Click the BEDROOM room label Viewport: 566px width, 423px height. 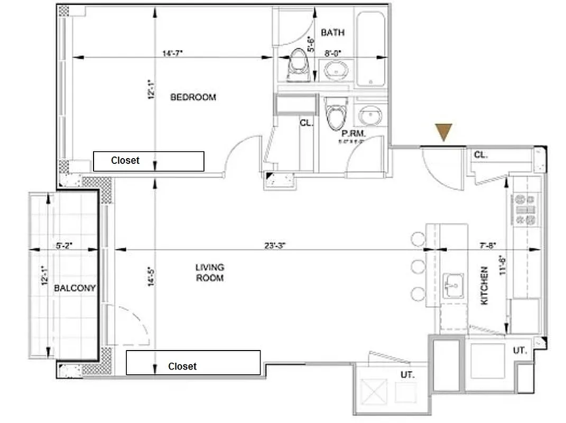click(x=193, y=97)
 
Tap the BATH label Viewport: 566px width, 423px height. click(x=332, y=33)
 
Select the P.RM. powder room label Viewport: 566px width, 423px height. click(x=354, y=134)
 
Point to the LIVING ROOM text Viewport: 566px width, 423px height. click(x=210, y=272)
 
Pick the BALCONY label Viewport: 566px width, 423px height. click(x=75, y=288)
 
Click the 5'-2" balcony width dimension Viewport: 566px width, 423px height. click(x=64, y=245)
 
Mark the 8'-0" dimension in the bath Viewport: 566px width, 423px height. click(x=332, y=53)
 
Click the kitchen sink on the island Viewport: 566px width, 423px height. click(x=453, y=286)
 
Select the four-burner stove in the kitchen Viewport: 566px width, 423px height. click(x=525, y=209)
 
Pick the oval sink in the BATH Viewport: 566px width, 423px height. click(x=336, y=70)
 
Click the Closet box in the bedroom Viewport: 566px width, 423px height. click(x=149, y=161)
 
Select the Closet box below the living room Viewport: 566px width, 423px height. click(x=193, y=363)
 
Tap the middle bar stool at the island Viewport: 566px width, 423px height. click(x=419, y=266)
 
